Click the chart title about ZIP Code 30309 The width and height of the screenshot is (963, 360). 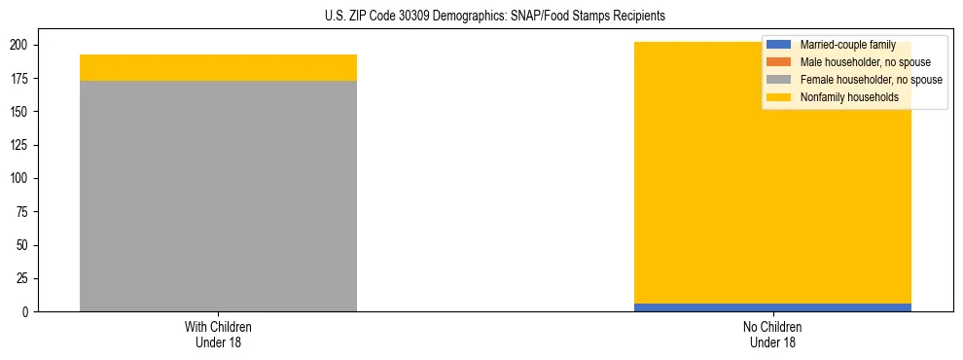[495, 17]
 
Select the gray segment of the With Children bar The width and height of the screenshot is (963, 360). [218, 196]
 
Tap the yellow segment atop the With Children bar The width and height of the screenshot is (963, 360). [218, 67]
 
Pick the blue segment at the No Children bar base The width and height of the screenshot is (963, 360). [772, 307]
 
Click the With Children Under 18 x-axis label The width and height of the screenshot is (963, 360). [218, 334]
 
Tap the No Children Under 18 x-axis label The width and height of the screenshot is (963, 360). [772, 334]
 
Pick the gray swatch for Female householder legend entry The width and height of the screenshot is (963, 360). [779, 80]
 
